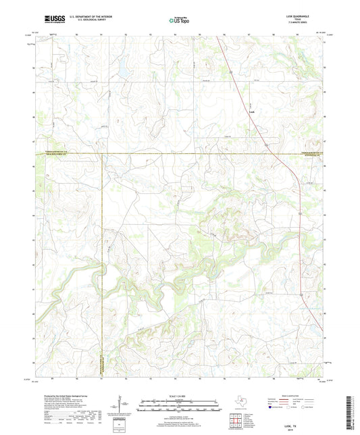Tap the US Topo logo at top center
(179, 20)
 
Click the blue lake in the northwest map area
(123, 70)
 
